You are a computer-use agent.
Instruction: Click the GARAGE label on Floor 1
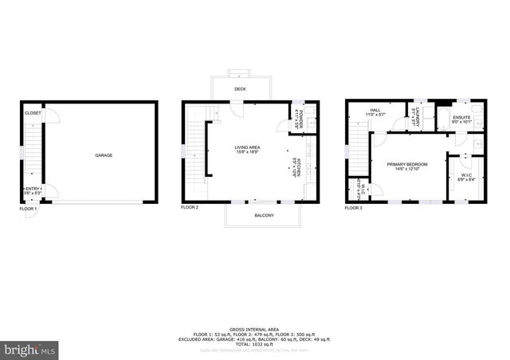pos(104,155)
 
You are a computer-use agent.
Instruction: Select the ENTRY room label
pos(32,189)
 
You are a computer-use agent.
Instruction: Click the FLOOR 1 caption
pos(29,208)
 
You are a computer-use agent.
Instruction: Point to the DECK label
pos(240,89)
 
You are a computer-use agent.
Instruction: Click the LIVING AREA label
pos(245,147)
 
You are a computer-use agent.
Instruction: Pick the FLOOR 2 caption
pos(190,206)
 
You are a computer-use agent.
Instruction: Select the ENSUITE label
pos(462,117)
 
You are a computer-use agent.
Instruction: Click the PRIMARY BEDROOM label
pos(407,163)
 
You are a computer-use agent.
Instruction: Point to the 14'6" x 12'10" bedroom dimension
pos(407,169)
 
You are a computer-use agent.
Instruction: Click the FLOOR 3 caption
pos(354,208)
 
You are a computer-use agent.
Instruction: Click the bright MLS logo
pos(29,349)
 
